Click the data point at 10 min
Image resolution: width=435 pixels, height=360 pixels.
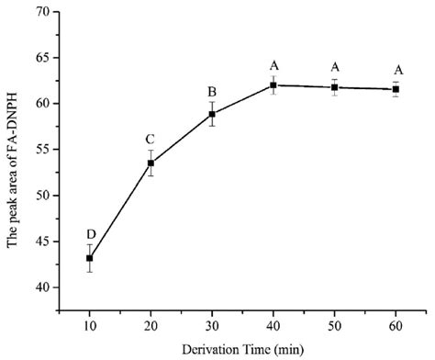tap(89, 258)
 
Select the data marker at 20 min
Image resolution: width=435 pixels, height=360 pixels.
tap(151, 163)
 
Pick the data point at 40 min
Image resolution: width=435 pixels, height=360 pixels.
tap(273, 84)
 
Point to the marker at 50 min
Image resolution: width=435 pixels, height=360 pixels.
tap(335, 87)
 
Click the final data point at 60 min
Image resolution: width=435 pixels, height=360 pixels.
tap(396, 89)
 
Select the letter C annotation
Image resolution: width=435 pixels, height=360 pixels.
tap(151, 139)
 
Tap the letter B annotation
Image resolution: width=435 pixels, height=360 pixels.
tap(212, 91)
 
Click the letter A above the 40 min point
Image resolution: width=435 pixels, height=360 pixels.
tap(273, 65)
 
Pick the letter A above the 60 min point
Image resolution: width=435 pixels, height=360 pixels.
tap(396, 69)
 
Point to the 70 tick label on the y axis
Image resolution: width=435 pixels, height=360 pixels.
tap(40, 12)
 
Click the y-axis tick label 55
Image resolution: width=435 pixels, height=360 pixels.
tap(40, 149)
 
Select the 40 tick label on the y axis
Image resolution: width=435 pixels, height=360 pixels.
tap(40, 287)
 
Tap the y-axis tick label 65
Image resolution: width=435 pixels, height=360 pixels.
tap(40, 58)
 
